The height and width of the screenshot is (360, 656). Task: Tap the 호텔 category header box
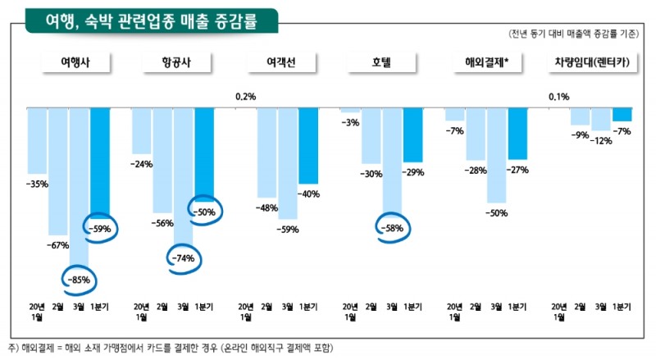378,63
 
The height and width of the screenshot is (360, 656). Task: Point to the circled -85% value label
80,280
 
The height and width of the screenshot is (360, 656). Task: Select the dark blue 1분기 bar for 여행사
100,160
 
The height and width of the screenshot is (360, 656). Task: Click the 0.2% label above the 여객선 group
245,97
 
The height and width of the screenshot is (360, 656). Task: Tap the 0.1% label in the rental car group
558,97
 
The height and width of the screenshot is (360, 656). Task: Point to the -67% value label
58,244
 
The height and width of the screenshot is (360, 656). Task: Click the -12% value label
602,140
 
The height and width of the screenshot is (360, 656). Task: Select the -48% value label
267,207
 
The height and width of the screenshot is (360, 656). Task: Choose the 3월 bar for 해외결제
496,155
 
